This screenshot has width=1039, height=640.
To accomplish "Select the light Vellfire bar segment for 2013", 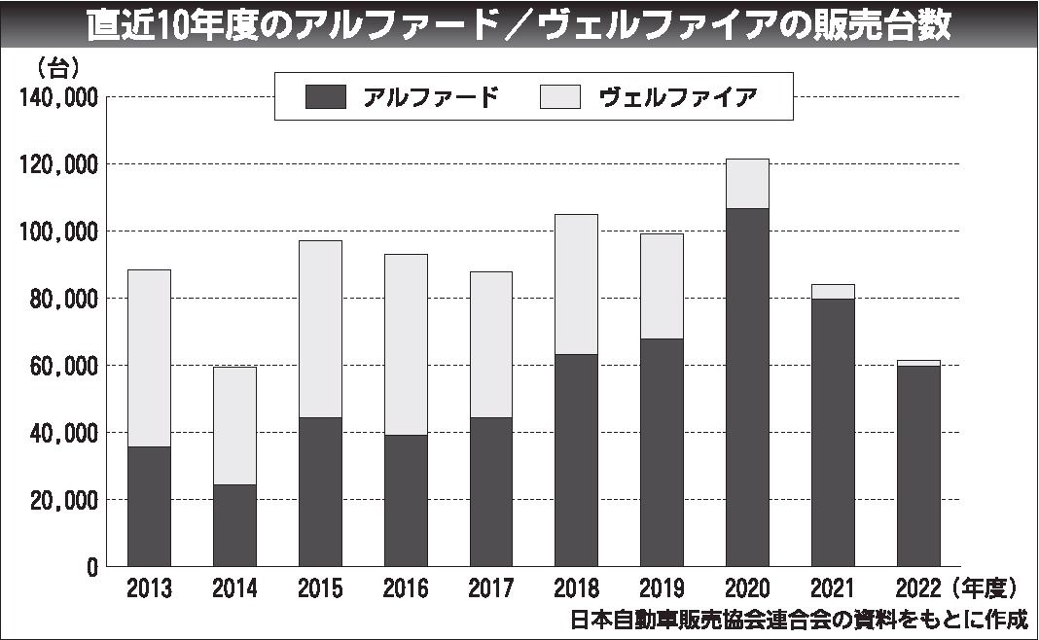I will coord(149,358).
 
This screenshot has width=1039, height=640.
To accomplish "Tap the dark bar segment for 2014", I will coord(234,525).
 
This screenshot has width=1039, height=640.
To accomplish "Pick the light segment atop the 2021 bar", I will coord(833,292).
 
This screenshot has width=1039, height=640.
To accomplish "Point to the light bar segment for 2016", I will coord(406,344).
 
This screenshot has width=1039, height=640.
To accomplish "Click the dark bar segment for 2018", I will coord(576,460).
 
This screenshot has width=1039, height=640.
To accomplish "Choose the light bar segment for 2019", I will coord(662,286).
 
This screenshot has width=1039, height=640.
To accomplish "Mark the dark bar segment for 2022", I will coord(918,466).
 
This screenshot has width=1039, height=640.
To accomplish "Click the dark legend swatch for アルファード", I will coord(325,96).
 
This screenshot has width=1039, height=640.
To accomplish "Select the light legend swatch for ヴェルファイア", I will coord(559,96).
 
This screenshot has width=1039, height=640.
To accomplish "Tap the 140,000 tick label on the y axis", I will coord(56,97).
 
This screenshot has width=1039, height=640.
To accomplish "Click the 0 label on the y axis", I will coord(92,567).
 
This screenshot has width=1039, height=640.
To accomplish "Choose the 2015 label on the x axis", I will coord(320,589).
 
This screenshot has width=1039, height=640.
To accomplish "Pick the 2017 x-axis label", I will coord(490,589).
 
